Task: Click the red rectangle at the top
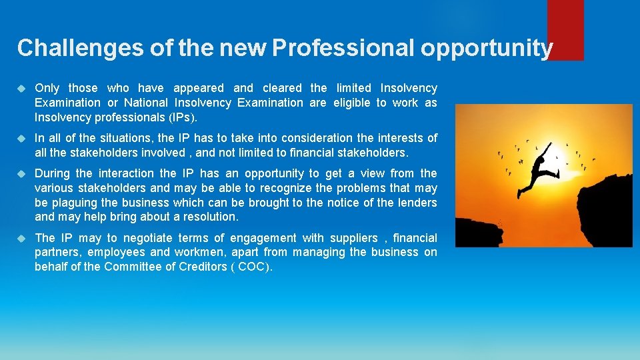565,29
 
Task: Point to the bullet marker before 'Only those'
22,88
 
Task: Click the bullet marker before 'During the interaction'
22,173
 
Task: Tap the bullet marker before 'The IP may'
22,238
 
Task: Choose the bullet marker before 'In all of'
22,138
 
